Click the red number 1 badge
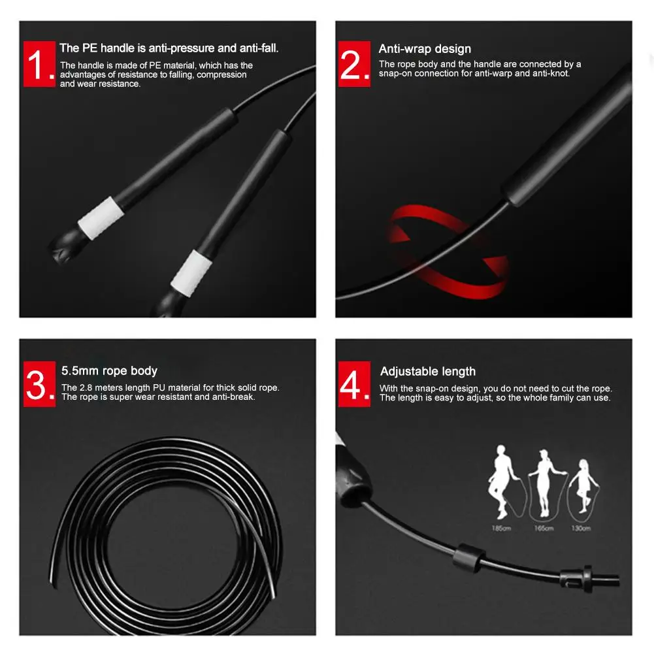39,64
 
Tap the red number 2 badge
354,64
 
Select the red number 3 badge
39,384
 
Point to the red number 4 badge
354,384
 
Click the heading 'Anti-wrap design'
425,49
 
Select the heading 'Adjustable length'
428,371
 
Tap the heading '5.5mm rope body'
109,371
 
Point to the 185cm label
501,528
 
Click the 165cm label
544,528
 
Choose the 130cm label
581,528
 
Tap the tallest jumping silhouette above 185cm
502,480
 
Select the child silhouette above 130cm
584,486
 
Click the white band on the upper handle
101,218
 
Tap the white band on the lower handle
191,273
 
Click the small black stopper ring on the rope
469,557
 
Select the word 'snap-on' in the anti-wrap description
395,73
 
